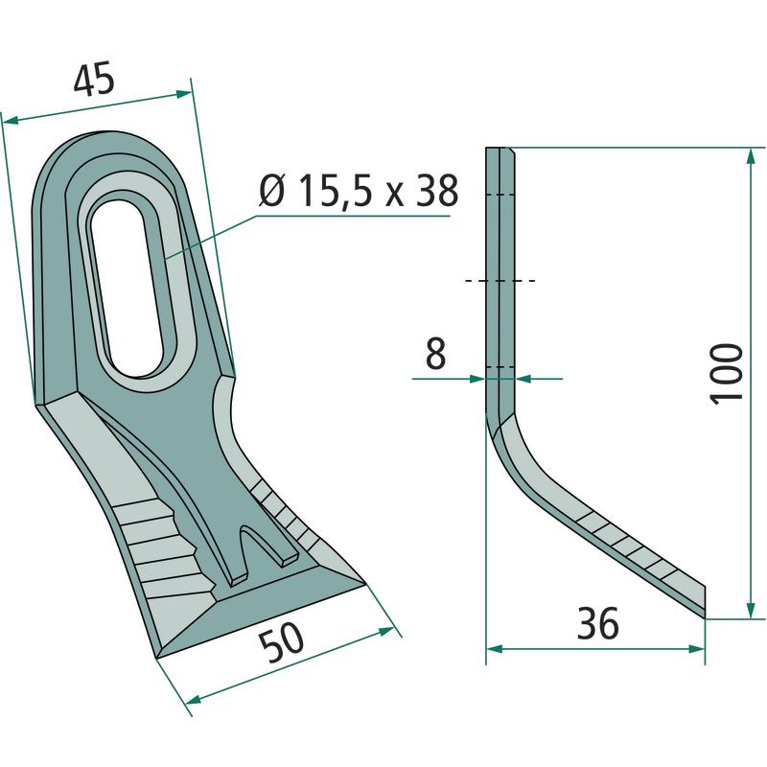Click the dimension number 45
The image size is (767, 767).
pyautogui.click(x=94, y=79)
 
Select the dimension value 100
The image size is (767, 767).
pyautogui.click(x=726, y=374)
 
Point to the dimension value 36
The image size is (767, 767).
pyautogui.click(x=597, y=623)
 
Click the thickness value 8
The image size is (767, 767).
pyautogui.click(x=436, y=353)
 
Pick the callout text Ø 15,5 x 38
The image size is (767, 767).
pyautogui.click(x=359, y=190)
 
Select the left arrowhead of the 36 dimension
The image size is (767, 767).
pyautogui.click(x=495, y=649)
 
